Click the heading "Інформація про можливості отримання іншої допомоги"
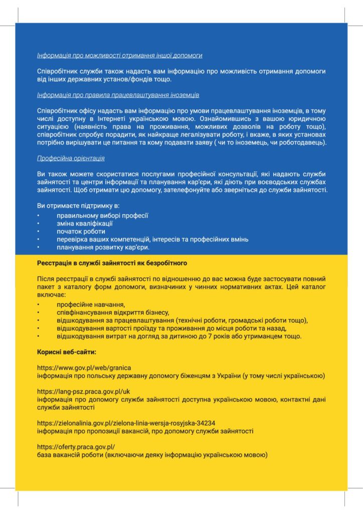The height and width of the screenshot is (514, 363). pos(120,56)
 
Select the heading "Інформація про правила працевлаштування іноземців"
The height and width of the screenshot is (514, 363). pos(118,94)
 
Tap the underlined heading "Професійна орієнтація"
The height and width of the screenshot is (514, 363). pos(71,158)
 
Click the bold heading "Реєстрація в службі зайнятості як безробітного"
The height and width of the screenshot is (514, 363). pos(112,263)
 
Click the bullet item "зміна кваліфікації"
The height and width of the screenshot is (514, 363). pos(84,223)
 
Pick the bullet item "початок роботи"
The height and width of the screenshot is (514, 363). pos(81,231)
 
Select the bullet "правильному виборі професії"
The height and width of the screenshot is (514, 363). pos(102,215)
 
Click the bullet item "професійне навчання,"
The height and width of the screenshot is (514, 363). pos(90,304)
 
